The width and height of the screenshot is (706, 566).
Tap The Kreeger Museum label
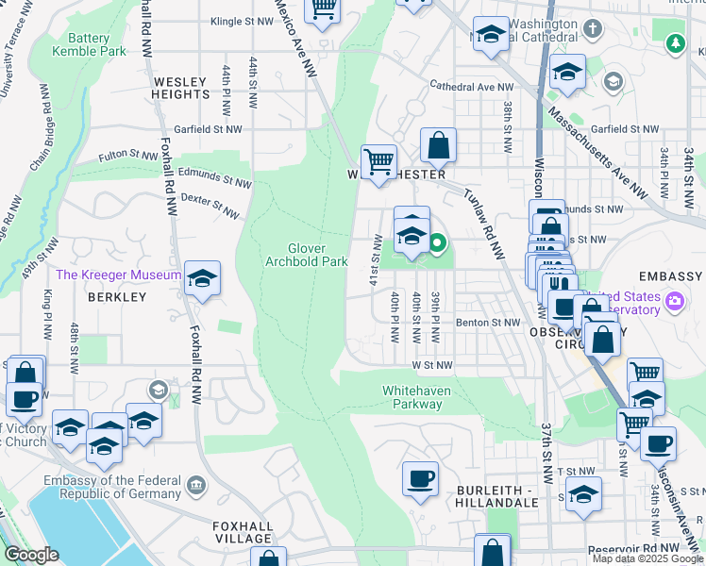coord(118,275)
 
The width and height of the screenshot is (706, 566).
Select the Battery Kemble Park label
coord(96,44)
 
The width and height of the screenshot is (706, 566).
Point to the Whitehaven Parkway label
coord(412,397)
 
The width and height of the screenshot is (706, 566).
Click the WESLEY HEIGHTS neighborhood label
coord(180,88)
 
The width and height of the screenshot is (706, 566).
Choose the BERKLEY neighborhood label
coord(117,297)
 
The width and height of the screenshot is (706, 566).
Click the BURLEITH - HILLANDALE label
coord(501,498)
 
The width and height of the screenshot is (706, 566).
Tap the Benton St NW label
coord(488,323)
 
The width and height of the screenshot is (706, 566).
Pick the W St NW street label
coord(431,365)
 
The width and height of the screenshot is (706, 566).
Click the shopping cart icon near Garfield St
coord(378,161)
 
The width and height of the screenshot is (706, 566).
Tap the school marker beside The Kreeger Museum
coord(202,278)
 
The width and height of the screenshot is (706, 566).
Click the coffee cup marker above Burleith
coord(421,478)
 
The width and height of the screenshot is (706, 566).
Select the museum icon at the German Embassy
coord(195,486)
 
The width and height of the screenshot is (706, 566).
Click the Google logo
coord(32,555)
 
